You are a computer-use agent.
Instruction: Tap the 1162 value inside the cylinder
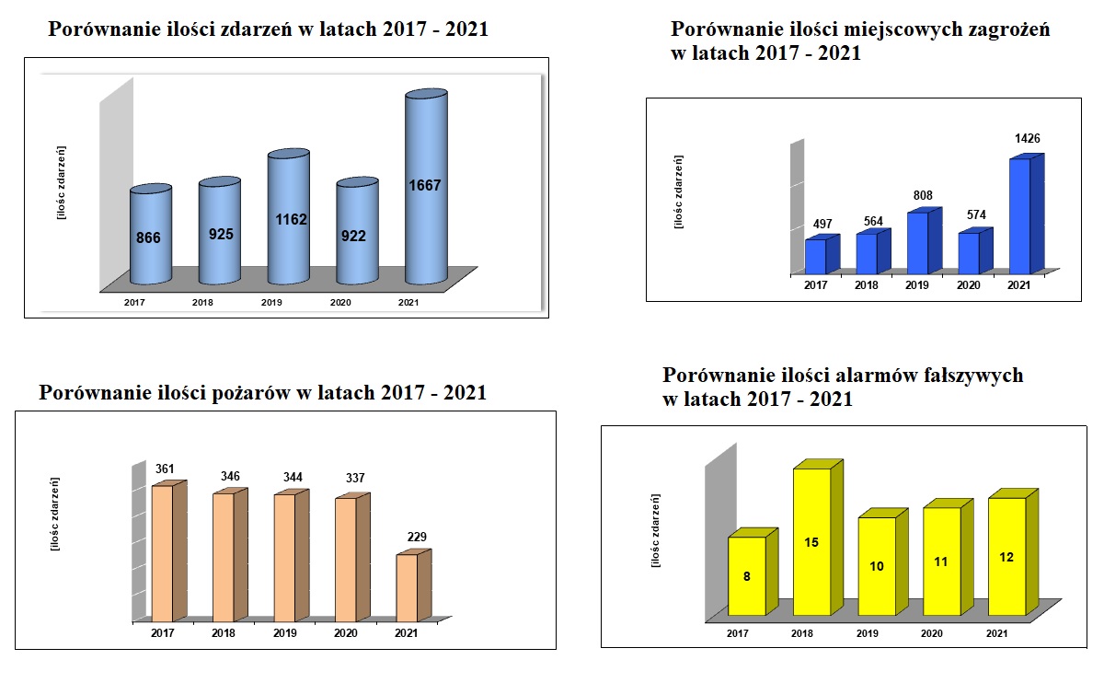coord(288,220)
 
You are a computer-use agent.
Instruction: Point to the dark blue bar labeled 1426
coord(1020,216)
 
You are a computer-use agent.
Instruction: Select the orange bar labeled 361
coord(162,552)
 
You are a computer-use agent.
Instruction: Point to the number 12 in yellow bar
coord(1006,557)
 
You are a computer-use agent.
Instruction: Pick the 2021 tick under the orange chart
coord(406,633)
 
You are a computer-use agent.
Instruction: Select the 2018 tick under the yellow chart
coord(803,633)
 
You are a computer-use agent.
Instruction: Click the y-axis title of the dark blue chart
coord(679,191)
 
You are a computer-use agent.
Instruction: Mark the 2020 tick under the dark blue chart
coord(968,285)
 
